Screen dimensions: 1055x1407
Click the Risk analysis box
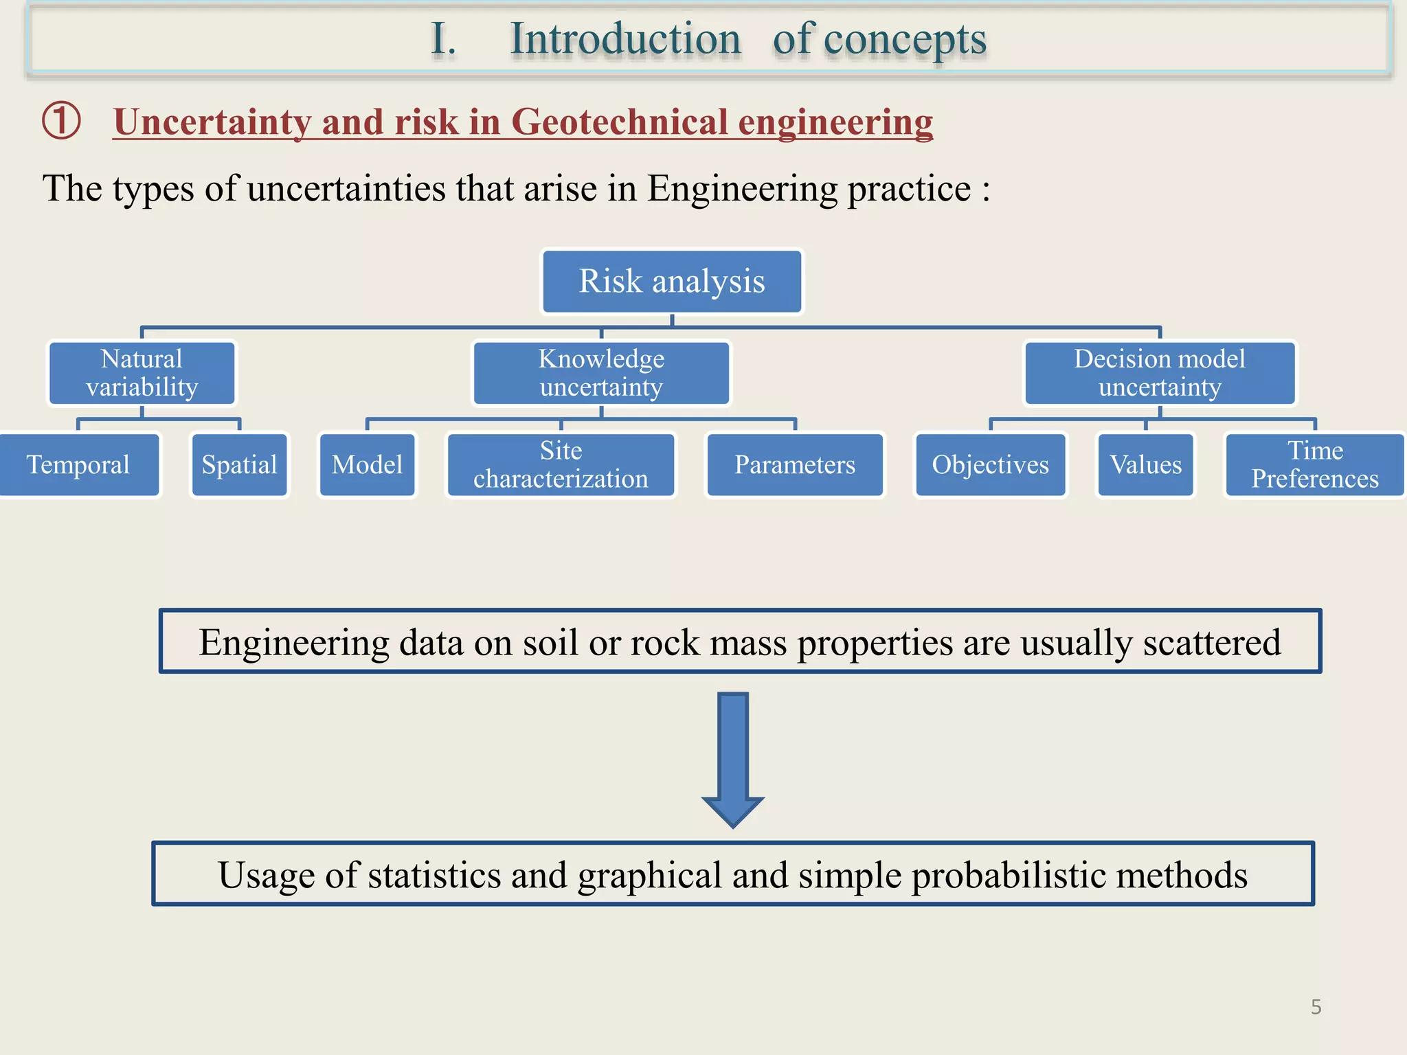tap(672, 282)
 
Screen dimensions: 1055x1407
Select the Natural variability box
tap(142, 373)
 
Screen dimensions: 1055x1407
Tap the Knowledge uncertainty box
tap(601, 373)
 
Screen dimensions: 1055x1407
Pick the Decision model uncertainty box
tap(1160, 373)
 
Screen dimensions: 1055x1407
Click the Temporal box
tap(78, 465)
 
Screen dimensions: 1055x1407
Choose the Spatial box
tap(239, 465)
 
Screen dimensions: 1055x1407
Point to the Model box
tap(368, 465)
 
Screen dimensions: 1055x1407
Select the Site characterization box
tap(561, 465)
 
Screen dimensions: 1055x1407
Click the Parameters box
tap(795, 465)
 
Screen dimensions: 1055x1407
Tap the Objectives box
tap(990, 465)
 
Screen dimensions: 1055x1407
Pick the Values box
tap(1145, 465)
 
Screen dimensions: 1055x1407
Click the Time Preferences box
tap(1314, 465)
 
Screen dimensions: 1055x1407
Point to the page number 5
tap(1316, 1007)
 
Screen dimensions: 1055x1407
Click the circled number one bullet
tap(62, 121)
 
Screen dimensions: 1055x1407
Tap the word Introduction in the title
tap(625, 39)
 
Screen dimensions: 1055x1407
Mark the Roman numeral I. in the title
tap(443, 39)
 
